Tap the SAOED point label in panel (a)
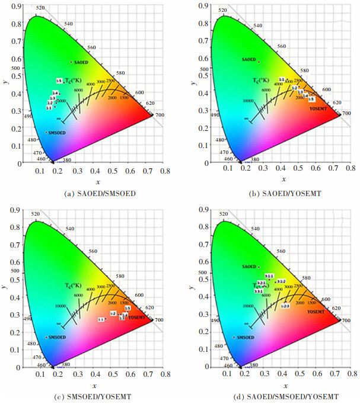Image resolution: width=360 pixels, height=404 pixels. [79, 62]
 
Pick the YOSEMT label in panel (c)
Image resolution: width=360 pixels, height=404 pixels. [137, 318]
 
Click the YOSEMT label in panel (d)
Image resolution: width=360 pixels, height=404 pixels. [316, 311]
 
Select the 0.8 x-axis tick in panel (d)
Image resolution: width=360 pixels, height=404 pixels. [352, 374]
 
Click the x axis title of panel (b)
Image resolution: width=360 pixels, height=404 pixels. [283, 179]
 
